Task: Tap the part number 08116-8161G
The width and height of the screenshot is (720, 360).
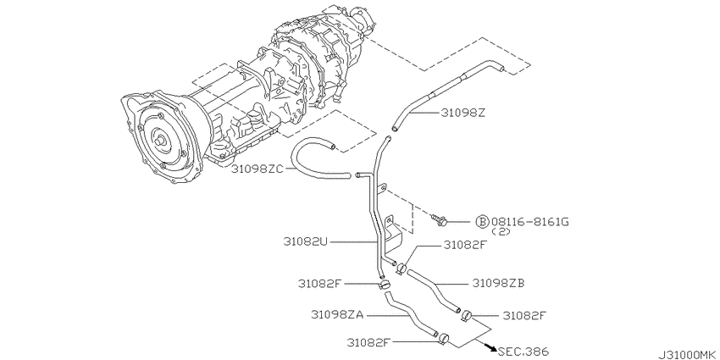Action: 530,221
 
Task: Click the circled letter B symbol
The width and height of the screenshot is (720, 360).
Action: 482,221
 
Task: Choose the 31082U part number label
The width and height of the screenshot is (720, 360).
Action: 307,241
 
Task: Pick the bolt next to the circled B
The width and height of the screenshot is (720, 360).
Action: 440,220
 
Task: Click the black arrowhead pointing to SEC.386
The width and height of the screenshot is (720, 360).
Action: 490,346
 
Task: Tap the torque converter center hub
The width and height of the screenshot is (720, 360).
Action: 158,137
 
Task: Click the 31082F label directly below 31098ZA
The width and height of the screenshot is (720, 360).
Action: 370,343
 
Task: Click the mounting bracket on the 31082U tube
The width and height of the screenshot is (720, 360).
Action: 391,237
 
